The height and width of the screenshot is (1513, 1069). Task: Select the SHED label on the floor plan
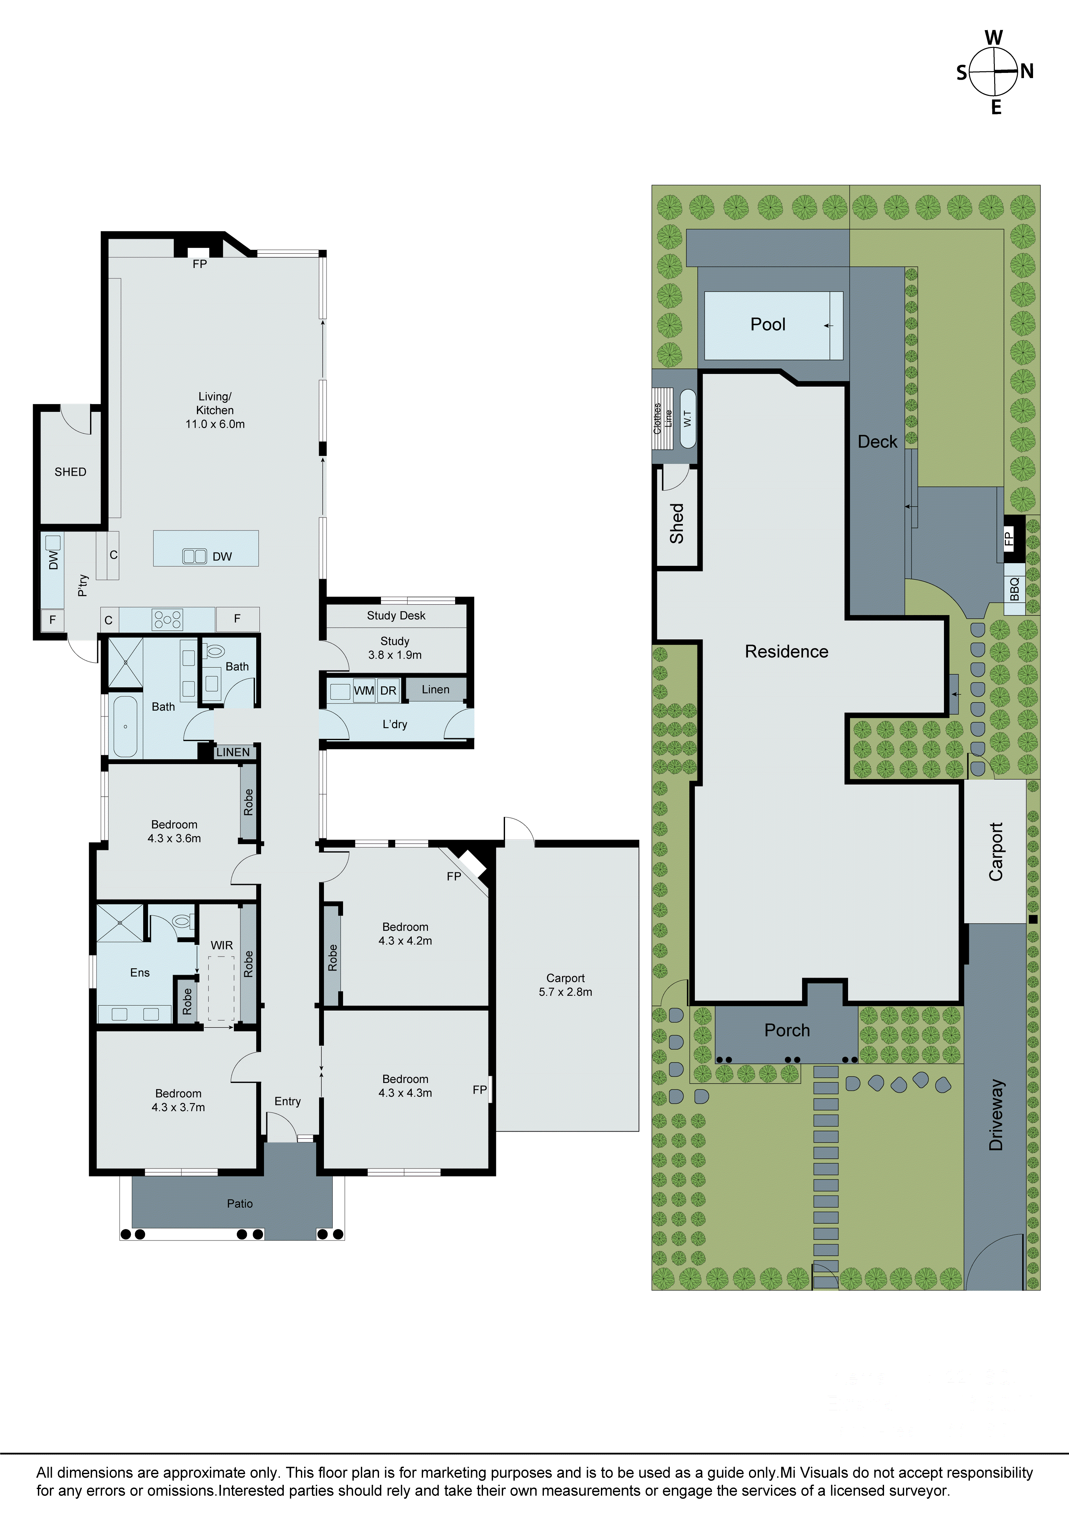[71, 472]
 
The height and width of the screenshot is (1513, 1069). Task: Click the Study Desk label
[396, 616]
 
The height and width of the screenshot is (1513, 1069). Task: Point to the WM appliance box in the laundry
[364, 691]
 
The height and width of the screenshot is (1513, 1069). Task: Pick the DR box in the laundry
[388, 691]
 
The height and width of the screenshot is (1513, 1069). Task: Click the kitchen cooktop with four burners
[167, 619]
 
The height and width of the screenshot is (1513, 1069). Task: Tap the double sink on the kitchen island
[194, 556]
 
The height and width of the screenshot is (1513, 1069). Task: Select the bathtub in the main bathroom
[125, 726]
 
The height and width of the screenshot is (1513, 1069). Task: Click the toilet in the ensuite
[183, 920]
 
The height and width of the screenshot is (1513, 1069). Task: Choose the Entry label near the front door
[287, 1101]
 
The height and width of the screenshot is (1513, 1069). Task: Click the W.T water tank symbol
[687, 419]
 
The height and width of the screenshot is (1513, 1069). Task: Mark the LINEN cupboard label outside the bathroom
[233, 752]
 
